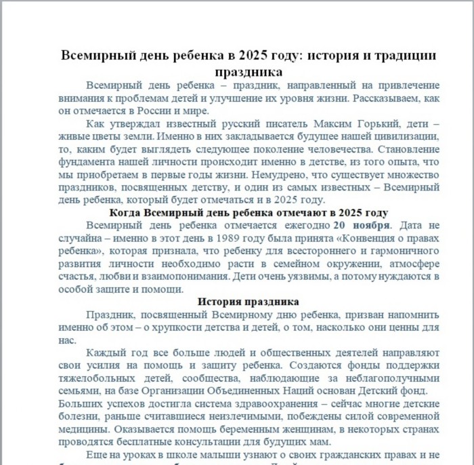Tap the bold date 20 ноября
(x=363, y=226)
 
